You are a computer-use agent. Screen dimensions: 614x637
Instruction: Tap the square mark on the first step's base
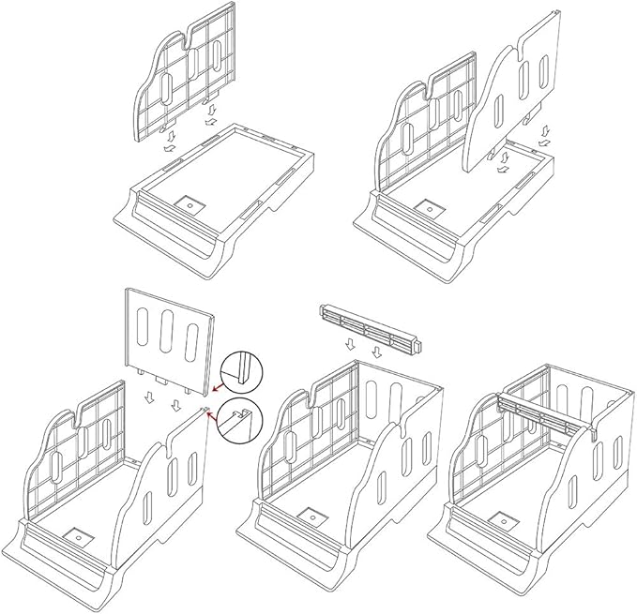[x=187, y=202]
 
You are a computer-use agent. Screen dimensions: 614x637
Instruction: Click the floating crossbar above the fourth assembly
[x=369, y=328]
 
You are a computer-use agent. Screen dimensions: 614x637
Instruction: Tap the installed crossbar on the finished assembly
[x=544, y=412]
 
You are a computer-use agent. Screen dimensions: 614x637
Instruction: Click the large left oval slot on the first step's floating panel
[x=165, y=93]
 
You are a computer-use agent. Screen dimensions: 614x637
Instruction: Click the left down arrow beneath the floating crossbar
[x=350, y=344]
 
